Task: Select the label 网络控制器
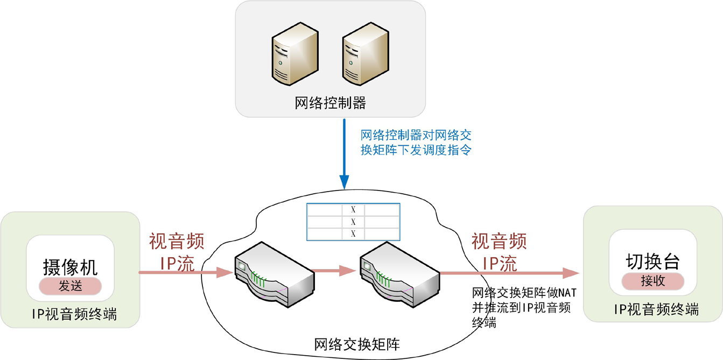pyautogui.click(x=330, y=103)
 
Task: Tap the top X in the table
pyautogui.click(x=353, y=210)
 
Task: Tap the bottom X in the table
pyautogui.click(x=353, y=234)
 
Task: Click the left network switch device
pyautogui.click(x=274, y=274)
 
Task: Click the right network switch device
pyautogui.click(x=399, y=274)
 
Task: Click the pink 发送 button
pyautogui.click(x=71, y=286)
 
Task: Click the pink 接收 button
pyautogui.click(x=652, y=281)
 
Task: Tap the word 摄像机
pyautogui.click(x=71, y=267)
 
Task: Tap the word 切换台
pyautogui.click(x=652, y=262)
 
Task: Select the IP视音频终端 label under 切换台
pyautogui.click(x=656, y=309)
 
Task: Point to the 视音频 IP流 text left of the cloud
pyautogui.click(x=177, y=252)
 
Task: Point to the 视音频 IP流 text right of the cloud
pyautogui.click(x=499, y=251)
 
